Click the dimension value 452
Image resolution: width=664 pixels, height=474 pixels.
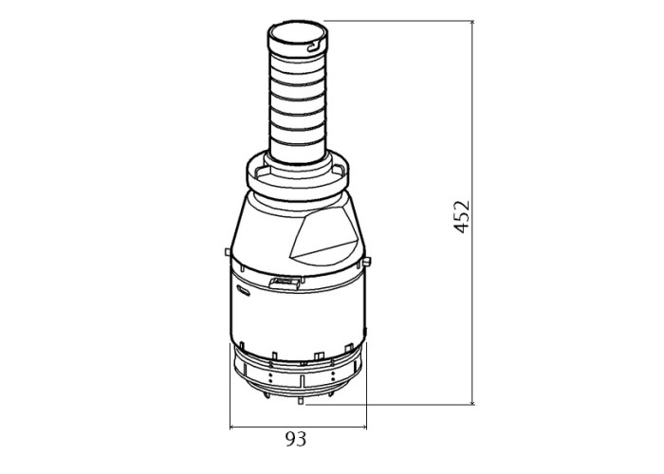point(462,217)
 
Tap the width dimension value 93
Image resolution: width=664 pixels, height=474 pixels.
point(296,439)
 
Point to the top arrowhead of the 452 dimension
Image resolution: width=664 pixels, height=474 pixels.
point(472,23)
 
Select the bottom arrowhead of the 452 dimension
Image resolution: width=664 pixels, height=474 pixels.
point(472,402)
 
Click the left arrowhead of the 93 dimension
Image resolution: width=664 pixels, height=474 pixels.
point(232,427)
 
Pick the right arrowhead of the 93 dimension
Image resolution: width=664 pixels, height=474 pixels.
point(363,427)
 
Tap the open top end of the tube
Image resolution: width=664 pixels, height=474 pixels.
point(297,33)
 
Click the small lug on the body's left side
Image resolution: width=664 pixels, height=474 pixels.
point(228,252)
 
